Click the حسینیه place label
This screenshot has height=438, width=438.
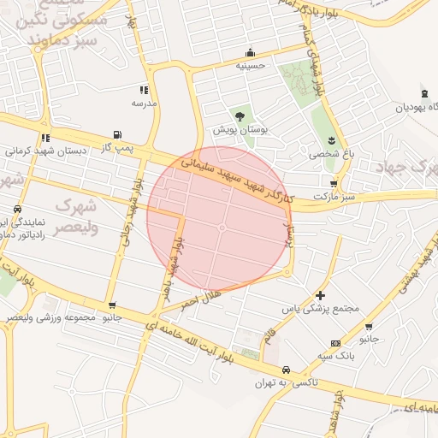[x=251, y=64]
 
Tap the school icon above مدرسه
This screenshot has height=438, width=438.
[x=144, y=89]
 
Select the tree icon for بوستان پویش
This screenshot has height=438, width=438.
[x=240, y=115]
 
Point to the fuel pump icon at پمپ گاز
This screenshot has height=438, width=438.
[x=116, y=135]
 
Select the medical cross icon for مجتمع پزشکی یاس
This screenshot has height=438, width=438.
[x=320, y=294]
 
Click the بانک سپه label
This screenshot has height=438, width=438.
[x=334, y=354]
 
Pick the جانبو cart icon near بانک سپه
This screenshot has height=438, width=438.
[x=368, y=326]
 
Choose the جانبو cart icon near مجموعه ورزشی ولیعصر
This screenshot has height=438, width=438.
[x=112, y=305]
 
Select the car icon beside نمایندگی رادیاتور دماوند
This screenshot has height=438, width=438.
[x=16, y=210]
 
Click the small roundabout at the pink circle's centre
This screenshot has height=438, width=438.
[x=222, y=228]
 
